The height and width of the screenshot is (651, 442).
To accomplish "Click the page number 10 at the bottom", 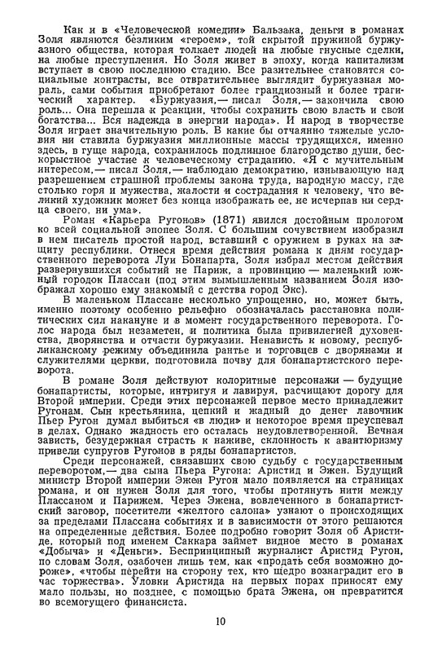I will click(221, 622).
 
